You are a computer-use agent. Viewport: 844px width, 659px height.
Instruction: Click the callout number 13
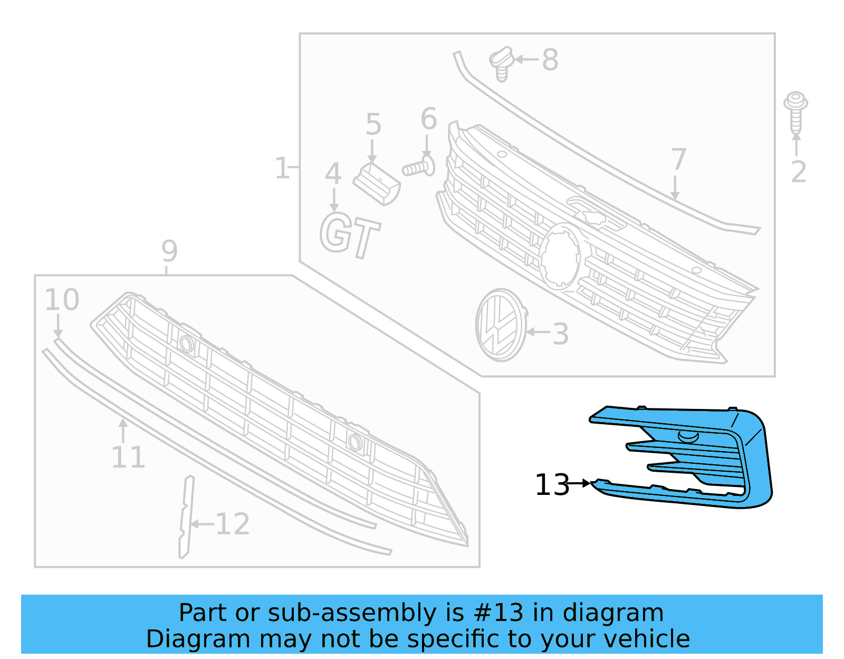tap(552, 484)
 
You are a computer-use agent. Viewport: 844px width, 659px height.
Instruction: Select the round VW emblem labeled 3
tap(500, 325)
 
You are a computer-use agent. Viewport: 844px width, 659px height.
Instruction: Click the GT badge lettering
tap(349, 234)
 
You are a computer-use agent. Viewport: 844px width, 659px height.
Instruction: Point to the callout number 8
tap(550, 60)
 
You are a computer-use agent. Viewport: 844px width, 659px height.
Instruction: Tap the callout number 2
tap(799, 172)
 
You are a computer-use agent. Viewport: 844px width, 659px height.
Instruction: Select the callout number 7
tap(678, 160)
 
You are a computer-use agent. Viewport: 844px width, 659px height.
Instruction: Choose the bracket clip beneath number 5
tap(376, 184)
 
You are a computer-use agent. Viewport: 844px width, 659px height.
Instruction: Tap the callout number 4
tap(333, 174)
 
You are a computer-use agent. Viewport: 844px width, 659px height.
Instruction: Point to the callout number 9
tap(169, 251)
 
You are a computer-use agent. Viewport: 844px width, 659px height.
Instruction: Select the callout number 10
tap(62, 300)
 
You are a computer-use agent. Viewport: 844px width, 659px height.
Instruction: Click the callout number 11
tap(128, 457)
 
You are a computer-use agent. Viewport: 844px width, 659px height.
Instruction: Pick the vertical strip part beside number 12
tap(186, 517)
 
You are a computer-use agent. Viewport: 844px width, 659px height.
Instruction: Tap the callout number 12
tap(232, 524)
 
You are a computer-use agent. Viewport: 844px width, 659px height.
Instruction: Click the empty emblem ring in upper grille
tap(560, 255)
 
